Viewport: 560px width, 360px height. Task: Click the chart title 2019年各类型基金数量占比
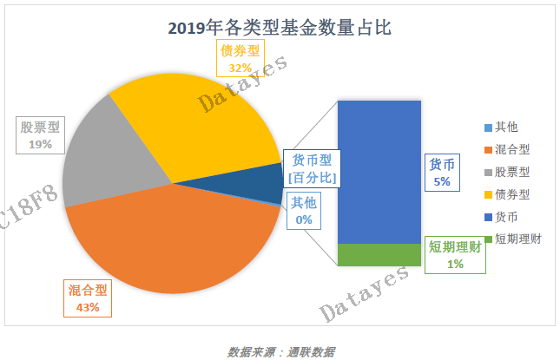click(x=280, y=27)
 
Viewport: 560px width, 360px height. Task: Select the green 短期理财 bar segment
click(x=379, y=255)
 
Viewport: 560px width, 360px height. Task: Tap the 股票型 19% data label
click(x=40, y=135)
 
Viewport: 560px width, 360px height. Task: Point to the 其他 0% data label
click(x=304, y=211)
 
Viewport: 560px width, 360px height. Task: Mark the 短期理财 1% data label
click(x=455, y=255)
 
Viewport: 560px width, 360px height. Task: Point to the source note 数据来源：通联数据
click(x=281, y=351)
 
